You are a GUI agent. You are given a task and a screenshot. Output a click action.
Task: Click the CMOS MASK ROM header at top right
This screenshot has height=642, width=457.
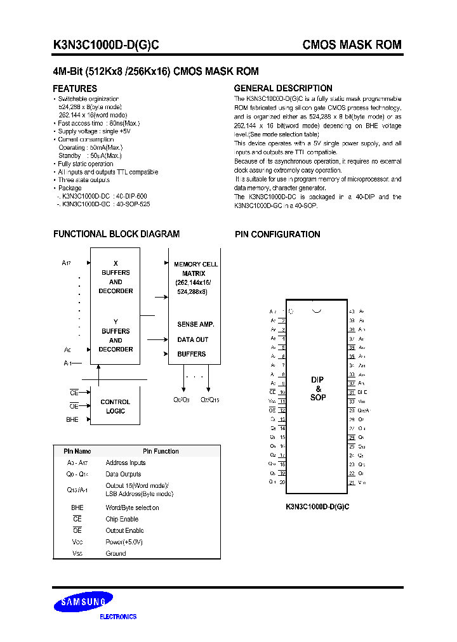352,45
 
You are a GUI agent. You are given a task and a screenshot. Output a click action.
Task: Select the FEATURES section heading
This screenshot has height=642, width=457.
75,89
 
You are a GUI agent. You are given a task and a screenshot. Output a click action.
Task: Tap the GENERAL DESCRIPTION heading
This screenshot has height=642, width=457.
283,88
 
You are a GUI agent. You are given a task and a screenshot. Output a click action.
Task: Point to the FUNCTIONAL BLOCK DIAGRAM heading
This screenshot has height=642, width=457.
116,234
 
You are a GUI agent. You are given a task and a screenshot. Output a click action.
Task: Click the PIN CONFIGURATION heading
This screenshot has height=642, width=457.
277,235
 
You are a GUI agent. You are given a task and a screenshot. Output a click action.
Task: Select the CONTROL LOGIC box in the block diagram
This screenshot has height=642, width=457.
116,407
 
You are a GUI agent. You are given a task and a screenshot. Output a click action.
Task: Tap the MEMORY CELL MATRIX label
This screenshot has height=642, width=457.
196,268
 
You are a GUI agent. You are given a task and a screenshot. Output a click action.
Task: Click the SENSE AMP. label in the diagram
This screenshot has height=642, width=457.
195,324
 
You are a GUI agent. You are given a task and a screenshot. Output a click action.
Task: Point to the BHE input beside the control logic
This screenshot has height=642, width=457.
72,419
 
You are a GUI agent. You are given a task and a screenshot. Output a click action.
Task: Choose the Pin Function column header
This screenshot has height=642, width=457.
161,451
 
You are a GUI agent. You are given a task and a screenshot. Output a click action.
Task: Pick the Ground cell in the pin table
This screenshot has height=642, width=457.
116,553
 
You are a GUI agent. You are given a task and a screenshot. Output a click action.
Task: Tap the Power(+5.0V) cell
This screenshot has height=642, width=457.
124,542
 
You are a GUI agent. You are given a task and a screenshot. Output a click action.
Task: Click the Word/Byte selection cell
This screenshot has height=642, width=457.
132,508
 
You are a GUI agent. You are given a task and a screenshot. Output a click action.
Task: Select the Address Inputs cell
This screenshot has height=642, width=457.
126,462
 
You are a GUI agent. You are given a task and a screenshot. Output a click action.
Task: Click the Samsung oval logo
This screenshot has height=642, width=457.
83,602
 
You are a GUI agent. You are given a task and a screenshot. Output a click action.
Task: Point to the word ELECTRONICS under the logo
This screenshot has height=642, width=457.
119,617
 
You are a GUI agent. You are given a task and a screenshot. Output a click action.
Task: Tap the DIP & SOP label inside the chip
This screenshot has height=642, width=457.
318,388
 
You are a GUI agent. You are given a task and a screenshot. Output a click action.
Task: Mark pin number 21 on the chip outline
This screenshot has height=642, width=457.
351,483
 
